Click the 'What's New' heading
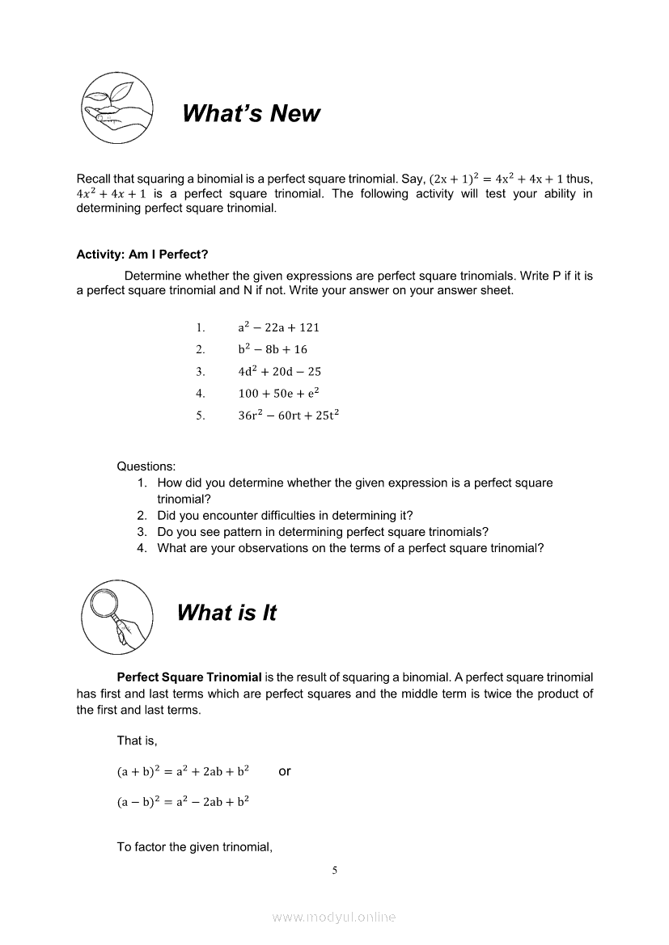[251, 114]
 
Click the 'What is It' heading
[227, 614]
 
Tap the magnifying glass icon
[116, 613]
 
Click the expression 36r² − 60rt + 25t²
[288, 416]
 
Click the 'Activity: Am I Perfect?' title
[142, 255]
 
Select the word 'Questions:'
[146, 466]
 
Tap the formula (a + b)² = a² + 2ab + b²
[183, 771]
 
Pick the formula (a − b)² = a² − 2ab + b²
[183, 802]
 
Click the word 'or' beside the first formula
[285, 771]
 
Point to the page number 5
[334, 871]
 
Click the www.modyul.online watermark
[334, 917]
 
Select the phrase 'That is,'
[137, 740]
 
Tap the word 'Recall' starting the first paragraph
[94, 179]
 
